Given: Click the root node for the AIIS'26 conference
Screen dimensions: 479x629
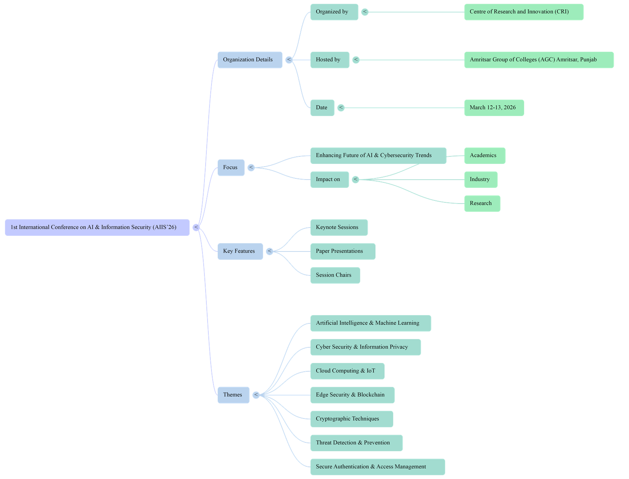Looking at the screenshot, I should [x=97, y=228].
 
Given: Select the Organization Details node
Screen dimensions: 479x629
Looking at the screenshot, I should [x=250, y=60].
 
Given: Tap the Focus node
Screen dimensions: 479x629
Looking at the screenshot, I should [x=231, y=167].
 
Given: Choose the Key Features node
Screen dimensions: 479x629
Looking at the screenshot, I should [x=240, y=251].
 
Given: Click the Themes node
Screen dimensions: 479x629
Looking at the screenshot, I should [x=233, y=395].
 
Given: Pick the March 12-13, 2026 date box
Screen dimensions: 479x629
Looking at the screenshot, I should [x=494, y=108].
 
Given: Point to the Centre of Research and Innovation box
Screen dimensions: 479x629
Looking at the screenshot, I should [x=524, y=12].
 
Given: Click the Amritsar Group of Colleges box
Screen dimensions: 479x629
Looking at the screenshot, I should [x=539, y=60].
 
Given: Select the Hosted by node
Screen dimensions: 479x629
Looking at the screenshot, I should [x=329, y=60].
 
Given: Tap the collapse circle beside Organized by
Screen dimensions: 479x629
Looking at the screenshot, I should [x=365, y=12].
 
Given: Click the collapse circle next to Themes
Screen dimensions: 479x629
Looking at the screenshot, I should [x=256, y=395].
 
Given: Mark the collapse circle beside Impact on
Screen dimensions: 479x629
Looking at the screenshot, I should [x=355, y=180].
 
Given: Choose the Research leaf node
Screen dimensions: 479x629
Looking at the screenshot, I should [x=482, y=204].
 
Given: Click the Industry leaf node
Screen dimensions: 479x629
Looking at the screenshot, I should [x=480, y=180].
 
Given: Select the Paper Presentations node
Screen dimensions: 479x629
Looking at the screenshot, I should [x=342, y=251].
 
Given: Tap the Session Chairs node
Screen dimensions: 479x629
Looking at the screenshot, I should [x=335, y=275].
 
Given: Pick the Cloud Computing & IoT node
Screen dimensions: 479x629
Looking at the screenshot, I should [x=347, y=371].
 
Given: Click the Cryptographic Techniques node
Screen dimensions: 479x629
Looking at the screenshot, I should [x=351, y=419].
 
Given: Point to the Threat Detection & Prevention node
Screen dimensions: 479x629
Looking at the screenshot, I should [x=356, y=443].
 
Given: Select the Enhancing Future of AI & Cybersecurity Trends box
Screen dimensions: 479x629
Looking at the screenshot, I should [x=378, y=156].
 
